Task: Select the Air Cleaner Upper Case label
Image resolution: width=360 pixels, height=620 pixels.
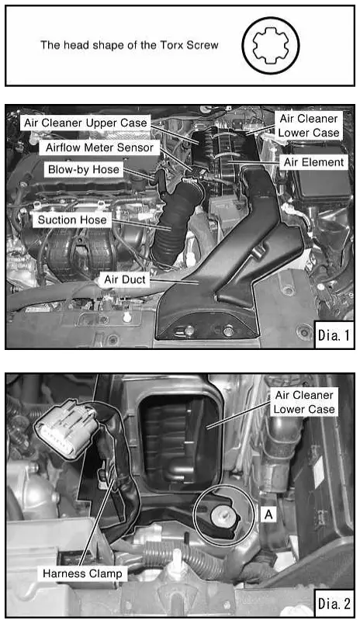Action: [x=85, y=123]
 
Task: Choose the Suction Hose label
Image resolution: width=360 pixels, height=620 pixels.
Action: [x=73, y=220]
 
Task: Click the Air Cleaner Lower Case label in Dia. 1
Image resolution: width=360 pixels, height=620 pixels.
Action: [x=308, y=126]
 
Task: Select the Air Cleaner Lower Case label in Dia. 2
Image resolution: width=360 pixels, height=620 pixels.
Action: [x=303, y=402]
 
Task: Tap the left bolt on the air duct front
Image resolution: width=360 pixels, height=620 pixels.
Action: [x=189, y=331]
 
